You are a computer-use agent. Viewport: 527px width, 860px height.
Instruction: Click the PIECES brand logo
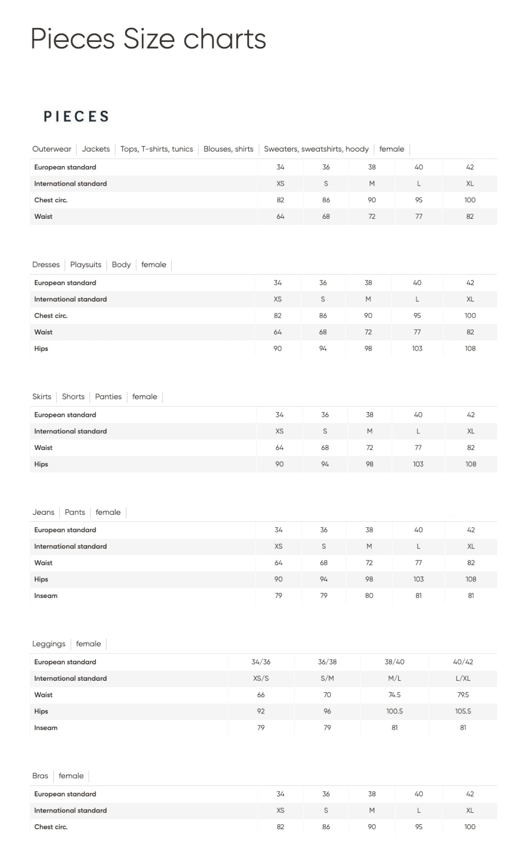point(76,116)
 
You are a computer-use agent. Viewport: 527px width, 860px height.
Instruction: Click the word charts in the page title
point(224,39)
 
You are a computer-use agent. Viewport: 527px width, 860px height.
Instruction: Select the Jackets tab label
point(96,149)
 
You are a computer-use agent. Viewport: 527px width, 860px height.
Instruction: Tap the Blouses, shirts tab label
point(228,149)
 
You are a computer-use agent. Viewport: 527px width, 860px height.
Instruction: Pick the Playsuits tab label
point(86,265)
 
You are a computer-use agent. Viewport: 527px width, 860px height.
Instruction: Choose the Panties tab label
point(108,397)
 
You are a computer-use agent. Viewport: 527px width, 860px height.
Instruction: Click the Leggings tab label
point(49,644)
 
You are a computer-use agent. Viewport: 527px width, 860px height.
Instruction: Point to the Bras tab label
point(40,776)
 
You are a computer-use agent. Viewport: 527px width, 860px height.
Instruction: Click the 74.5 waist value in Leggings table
point(394,695)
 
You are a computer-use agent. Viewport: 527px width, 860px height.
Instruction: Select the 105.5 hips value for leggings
point(463,712)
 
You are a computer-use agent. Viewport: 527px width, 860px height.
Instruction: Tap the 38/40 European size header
point(394,662)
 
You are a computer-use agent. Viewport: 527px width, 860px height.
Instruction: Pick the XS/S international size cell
point(261,678)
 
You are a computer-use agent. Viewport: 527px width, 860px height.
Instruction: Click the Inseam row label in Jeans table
point(46,596)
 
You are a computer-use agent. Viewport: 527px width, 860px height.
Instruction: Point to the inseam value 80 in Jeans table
point(369,596)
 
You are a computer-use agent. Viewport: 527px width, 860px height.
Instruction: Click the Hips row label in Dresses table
point(41,348)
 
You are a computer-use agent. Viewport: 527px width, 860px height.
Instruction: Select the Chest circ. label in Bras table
point(51,827)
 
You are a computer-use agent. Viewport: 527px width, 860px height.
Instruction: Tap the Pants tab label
point(75,512)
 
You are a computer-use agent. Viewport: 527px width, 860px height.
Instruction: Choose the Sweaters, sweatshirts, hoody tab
point(316,149)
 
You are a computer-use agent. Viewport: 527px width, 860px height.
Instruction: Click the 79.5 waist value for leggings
point(463,695)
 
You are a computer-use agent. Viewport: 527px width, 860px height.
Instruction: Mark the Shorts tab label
point(73,397)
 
